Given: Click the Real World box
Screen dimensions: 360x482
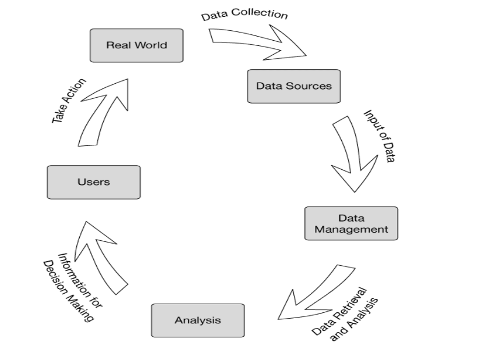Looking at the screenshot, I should tap(136, 45).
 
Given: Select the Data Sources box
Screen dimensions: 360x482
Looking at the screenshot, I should tap(293, 86).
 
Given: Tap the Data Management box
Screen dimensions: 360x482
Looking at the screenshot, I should tap(351, 223).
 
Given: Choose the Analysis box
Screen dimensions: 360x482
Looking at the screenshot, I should tap(197, 320).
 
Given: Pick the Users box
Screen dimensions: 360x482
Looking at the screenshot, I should tap(93, 182).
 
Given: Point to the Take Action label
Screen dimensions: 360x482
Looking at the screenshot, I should tap(69, 101).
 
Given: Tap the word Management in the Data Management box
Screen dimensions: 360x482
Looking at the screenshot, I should tap(351, 229).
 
